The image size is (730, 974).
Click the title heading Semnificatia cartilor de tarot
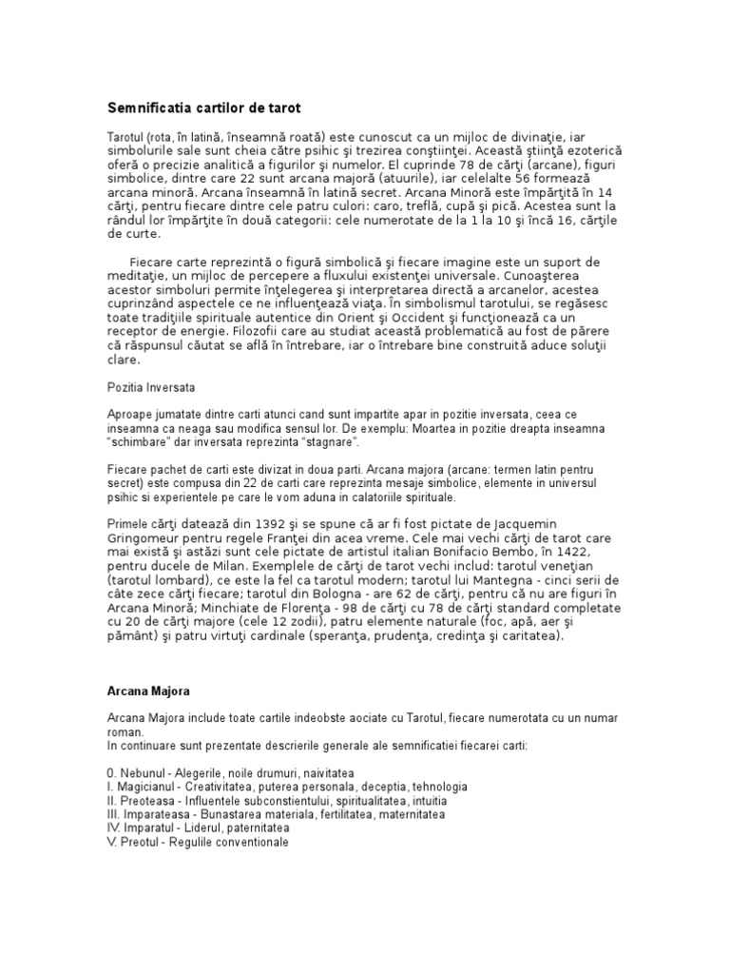(203, 109)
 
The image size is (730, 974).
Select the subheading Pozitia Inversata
(147, 388)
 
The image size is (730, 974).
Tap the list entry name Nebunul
(147, 773)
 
